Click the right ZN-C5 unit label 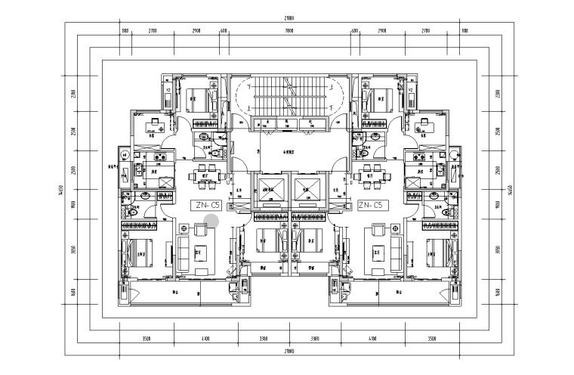click(372, 204)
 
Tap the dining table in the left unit click(203, 176)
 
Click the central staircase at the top click(288, 98)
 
